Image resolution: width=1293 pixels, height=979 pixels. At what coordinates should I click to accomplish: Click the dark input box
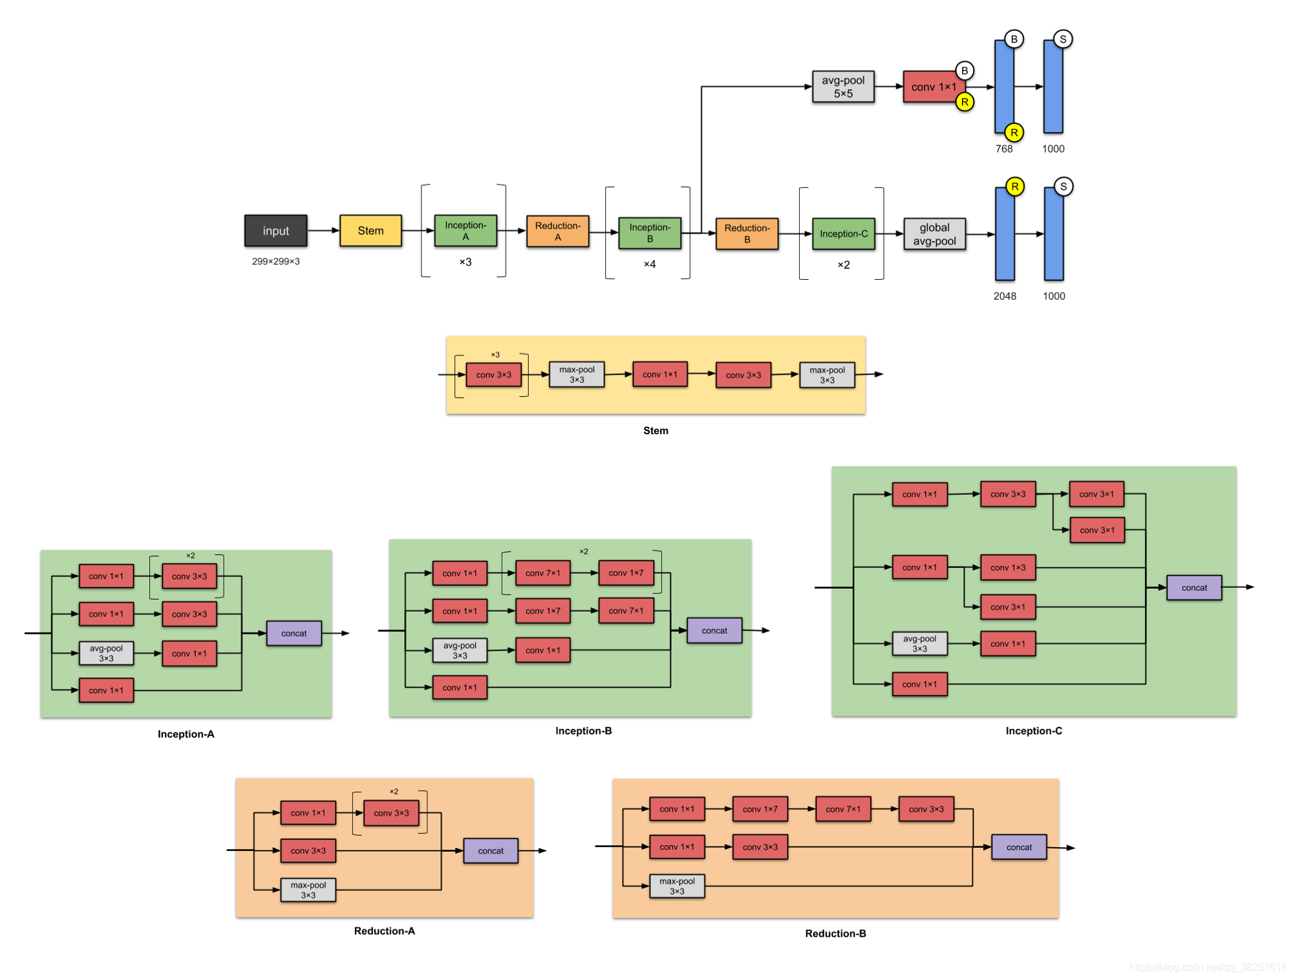click(275, 231)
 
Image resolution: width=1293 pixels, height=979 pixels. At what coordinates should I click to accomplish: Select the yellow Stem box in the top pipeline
click(370, 231)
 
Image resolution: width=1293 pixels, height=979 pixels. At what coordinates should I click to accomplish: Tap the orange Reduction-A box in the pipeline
click(557, 231)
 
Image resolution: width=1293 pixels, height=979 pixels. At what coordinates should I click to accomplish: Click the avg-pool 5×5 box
click(843, 87)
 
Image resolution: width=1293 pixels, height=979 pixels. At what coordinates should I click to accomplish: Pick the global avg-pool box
click(934, 234)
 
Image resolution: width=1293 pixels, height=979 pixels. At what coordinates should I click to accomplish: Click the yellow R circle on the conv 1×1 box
click(964, 102)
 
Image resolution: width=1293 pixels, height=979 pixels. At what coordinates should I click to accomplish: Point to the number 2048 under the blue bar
click(1004, 296)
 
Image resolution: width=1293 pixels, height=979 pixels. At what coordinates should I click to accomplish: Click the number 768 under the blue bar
click(1003, 149)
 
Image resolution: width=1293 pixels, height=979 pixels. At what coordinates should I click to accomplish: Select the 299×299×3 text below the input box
click(275, 261)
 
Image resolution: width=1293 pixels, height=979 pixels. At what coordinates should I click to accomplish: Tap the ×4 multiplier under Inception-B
click(649, 264)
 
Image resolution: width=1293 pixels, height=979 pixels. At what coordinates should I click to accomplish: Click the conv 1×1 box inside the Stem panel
click(659, 374)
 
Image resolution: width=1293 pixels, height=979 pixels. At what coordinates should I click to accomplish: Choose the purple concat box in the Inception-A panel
click(294, 633)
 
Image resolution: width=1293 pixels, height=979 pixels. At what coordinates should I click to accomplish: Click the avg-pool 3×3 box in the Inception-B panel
click(460, 650)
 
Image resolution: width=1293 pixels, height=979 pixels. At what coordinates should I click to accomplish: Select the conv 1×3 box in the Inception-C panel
click(1007, 567)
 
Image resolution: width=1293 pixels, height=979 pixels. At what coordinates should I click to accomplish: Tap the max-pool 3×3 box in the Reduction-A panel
click(308, 890)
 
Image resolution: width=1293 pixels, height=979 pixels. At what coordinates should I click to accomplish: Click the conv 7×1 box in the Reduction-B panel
click(842, 809)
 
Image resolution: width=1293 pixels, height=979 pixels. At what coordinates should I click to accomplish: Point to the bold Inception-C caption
click(1033, 731)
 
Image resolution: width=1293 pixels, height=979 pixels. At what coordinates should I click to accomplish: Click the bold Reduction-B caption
click(835, 933)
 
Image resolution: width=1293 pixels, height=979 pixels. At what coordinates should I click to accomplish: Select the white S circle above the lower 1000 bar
click(1063, 187)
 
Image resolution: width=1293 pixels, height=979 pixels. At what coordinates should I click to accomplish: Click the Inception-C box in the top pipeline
click(843, 234)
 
